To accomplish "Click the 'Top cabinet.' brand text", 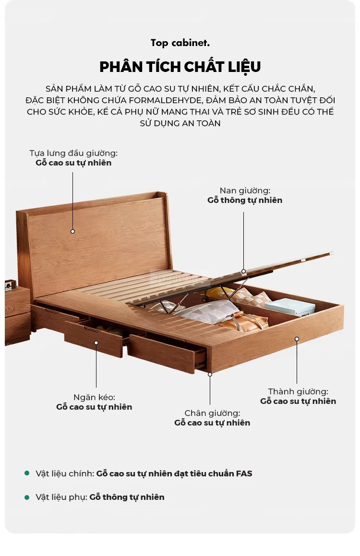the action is coord(180,43).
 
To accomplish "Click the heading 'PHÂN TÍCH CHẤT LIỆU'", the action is coord(180,67).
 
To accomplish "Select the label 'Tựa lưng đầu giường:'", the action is coord(73,153).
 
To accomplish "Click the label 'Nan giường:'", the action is coord(245,191).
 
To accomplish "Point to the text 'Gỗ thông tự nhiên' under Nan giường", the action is coord(245,201).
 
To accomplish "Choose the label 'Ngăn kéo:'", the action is coord(94,398).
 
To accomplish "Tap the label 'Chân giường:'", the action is coord(212,413).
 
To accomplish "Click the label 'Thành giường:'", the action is coord(298,391).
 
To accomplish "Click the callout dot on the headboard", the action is coord(72,232).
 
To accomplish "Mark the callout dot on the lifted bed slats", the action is coord(244,271).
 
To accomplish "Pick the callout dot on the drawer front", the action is coord(96,343).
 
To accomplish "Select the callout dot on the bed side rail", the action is coord(297,339).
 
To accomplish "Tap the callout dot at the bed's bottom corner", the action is coord(210,374).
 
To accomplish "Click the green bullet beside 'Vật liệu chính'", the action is coord(26,473).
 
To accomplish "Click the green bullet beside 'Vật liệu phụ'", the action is coord(26,497).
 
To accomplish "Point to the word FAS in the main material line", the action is coord(244,474).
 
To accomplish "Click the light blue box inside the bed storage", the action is coord(290,307).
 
